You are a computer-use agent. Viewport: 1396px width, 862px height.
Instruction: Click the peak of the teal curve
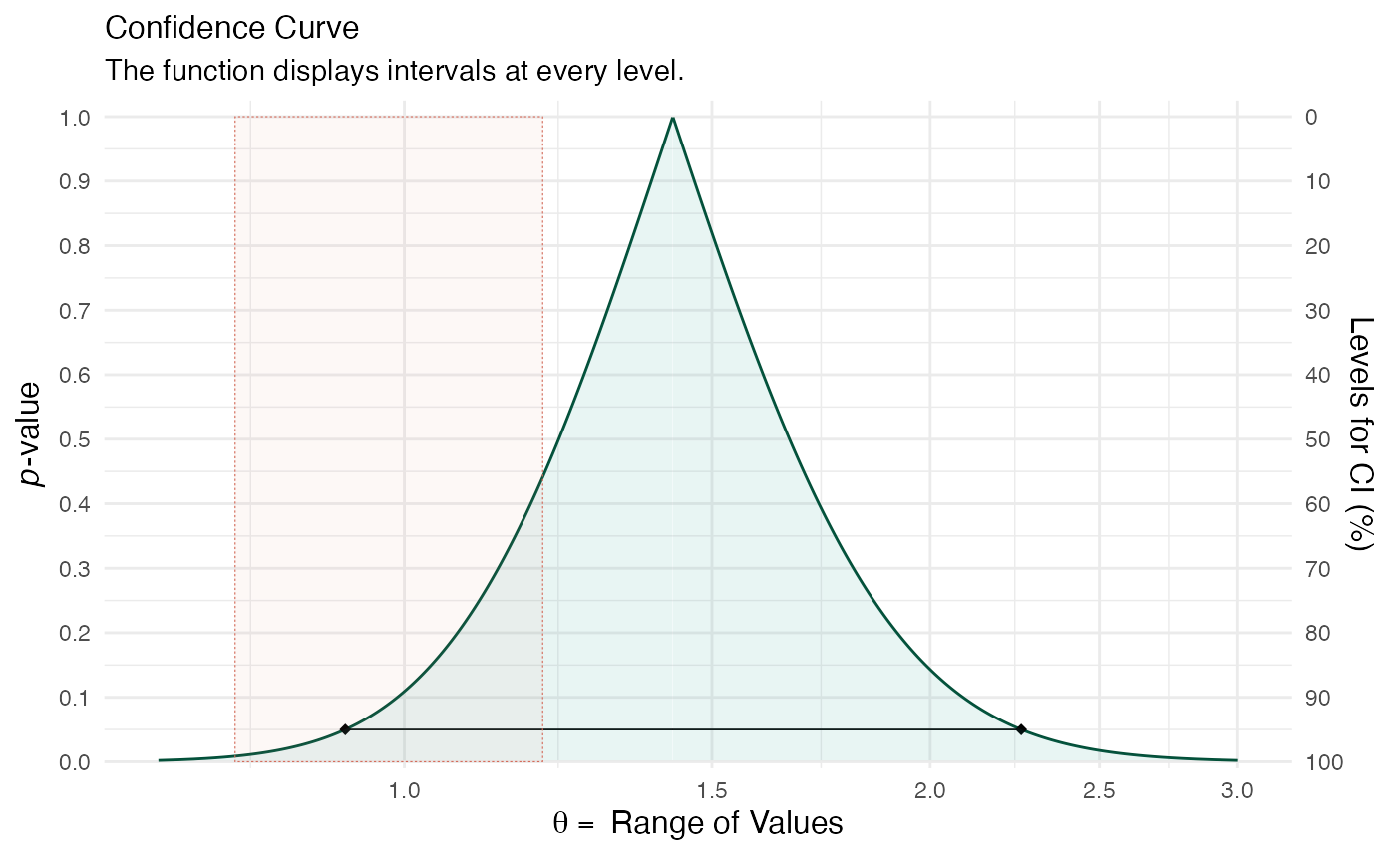point(673,119)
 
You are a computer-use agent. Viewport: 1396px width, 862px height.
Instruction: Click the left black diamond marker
point(345,729)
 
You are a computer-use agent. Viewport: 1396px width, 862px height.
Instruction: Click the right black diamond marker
point(1021,729)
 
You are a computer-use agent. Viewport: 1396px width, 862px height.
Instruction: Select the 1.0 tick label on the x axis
point(404,791)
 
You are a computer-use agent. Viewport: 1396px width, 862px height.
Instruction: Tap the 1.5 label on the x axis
point(712,791)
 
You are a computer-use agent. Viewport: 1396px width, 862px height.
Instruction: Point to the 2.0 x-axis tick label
point(930,791)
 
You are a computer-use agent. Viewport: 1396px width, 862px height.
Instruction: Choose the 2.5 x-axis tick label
point(1099,791)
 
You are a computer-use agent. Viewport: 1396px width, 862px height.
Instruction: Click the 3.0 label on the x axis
point(1237,791)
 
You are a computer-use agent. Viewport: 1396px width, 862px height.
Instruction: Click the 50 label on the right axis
point(1317,439)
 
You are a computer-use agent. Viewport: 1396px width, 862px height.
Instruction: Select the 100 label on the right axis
point(1323,762)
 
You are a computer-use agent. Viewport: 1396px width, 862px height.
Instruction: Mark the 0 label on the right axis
point(1311,118)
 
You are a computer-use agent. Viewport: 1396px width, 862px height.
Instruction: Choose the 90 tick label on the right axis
point(1317,698)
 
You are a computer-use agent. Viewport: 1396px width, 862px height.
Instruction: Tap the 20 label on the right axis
point(1317,246)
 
